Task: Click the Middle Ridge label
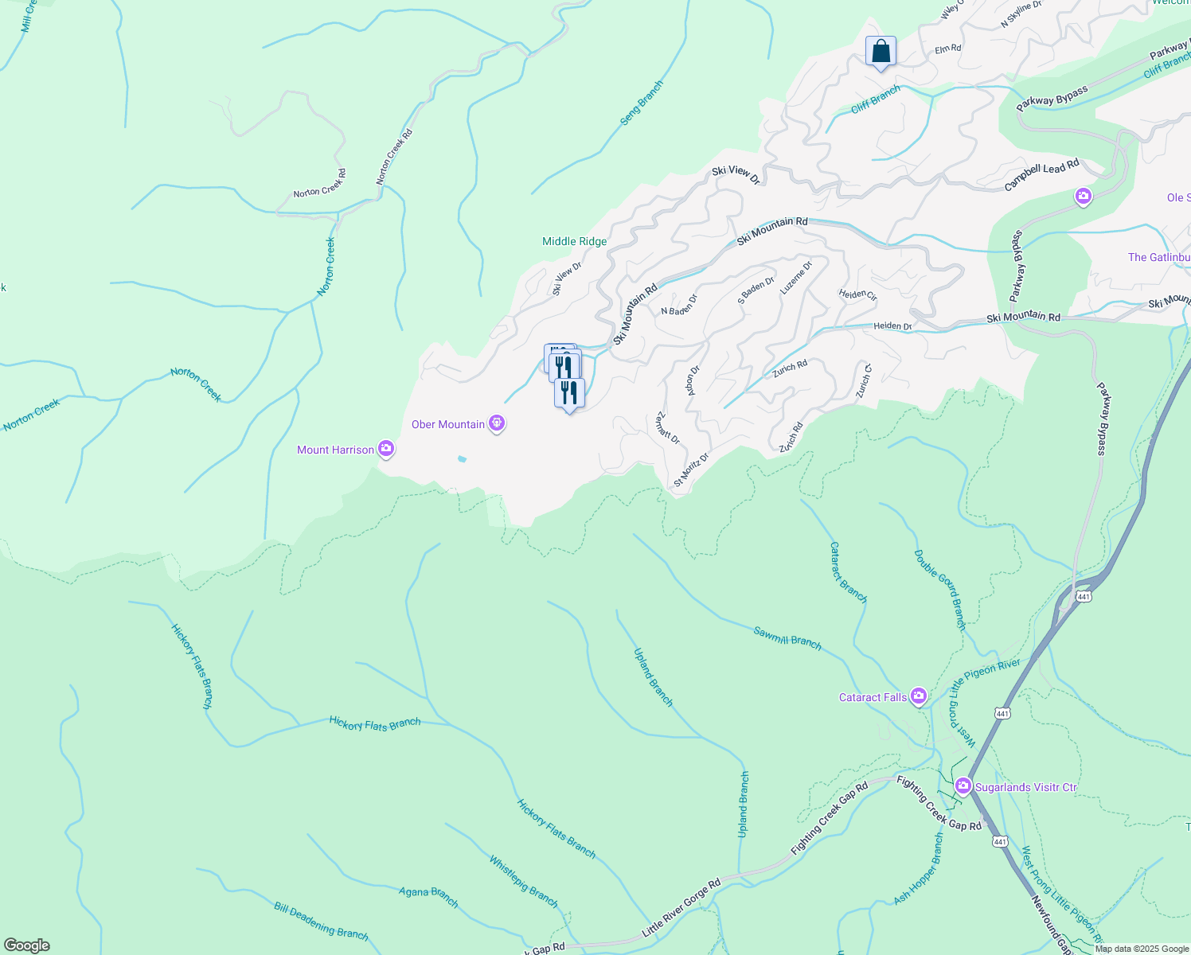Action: [574, 241]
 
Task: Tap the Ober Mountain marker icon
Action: [497, 423]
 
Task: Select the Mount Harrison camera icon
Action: [386, 450]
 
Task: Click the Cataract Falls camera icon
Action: [919, 697]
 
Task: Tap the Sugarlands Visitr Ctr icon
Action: [963, 787]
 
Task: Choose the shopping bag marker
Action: [881, 52]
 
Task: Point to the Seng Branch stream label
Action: [642, 103]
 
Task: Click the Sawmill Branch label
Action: [787, 637]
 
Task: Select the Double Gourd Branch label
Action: [940, 590]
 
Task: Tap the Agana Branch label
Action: [428, 897]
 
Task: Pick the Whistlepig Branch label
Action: [523, 881]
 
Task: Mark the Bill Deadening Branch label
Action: [321, 921]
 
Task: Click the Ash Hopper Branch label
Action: [918, 869]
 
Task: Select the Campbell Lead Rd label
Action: [1041, 174]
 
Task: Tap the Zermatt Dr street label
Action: [667, 428]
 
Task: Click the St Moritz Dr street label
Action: [691, 470]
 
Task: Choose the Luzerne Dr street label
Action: [796, 278]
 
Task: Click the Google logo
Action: [27, 945]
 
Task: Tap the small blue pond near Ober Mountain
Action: [462, 458]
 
